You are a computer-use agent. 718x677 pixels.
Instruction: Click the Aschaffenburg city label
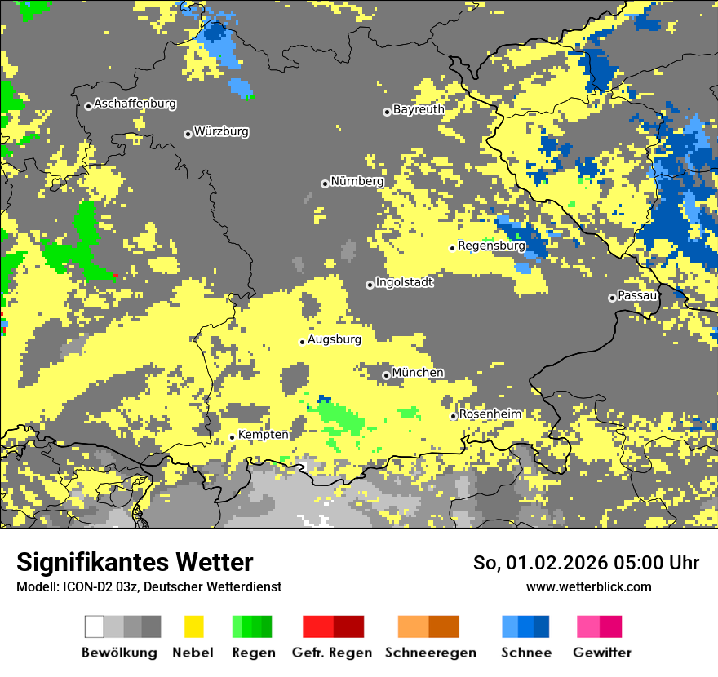(x=135, y=104)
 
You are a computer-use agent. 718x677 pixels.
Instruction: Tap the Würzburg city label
(x=221, y=132)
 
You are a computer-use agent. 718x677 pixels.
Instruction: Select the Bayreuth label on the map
(x=419, y=109)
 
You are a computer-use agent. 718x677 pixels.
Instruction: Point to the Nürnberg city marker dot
(x=325, y=184)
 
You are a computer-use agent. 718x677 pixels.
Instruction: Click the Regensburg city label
(x=491, y=246)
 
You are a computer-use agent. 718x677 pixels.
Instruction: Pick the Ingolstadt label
(x=405, y=283)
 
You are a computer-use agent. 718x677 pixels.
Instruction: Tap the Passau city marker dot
(x=612, y=298)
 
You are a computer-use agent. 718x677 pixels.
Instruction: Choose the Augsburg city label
(x=335, y=339)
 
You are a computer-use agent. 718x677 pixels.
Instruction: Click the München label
(x=418, y=373)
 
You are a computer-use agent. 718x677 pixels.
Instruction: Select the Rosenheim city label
(x=490, y=414)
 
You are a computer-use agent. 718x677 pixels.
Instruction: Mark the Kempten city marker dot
(x=232, y=437)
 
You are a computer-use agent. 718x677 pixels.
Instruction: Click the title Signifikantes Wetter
(x=135, y=563)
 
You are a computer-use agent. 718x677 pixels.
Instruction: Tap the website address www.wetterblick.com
(x=588, y=587)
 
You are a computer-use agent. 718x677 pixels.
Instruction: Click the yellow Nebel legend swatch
(x=194, y=626)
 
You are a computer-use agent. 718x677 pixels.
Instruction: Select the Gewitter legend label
(x=602, y=653)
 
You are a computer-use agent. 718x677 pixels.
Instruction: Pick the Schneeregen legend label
(x=430, y=653)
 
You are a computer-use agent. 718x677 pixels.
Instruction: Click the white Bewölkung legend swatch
(x=94, y=626)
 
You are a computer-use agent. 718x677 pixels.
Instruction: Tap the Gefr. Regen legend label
(x=331, y=653)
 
